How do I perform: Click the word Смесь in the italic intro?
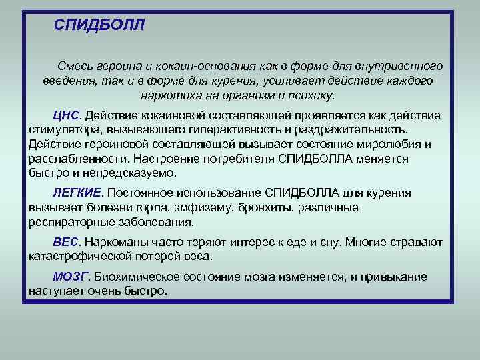[x=73, y=67]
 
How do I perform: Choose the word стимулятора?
[x=61, y=129]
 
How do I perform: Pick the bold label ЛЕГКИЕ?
[x=77, y=193]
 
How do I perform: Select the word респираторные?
[x=71, y=222]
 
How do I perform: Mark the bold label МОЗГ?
[x=69, y=277]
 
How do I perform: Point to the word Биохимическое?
[x=135, y=277]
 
